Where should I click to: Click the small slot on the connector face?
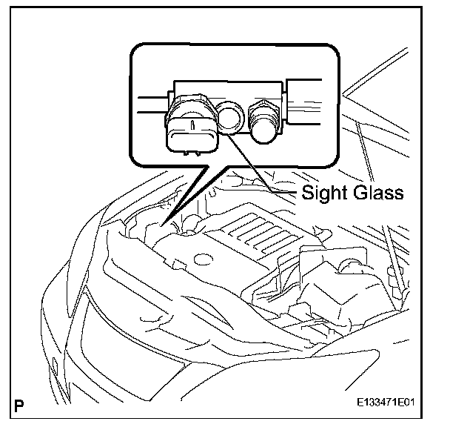(190, 127)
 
